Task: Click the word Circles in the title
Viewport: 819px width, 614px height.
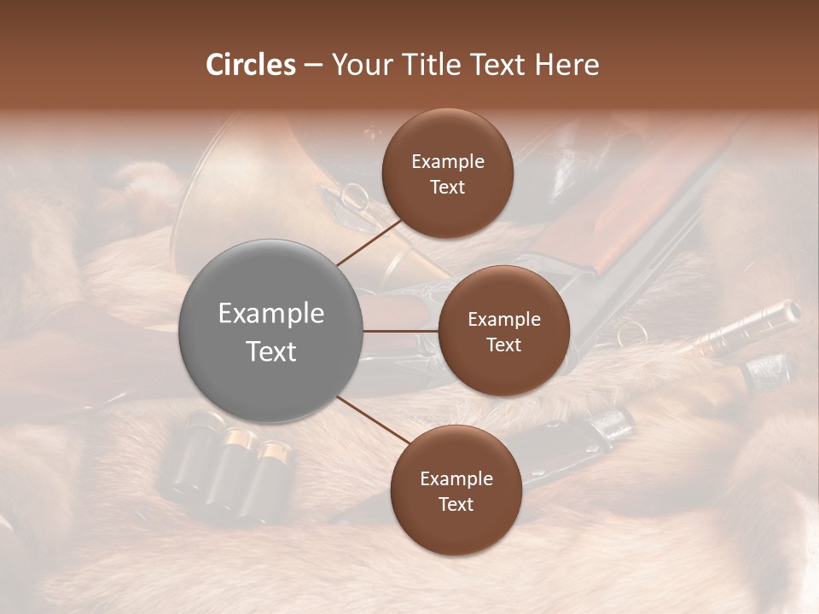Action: (250, 65)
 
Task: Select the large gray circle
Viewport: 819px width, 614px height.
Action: (271, 331)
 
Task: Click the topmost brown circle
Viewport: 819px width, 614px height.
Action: (448, 173)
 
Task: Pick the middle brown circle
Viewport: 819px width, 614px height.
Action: (503, 331)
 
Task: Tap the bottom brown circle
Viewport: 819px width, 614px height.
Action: (456, 490)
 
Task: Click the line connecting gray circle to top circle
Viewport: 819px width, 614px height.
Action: (369, 242)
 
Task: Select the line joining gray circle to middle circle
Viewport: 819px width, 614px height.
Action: (401, 331)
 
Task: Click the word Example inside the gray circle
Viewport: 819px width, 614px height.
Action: (271, 314)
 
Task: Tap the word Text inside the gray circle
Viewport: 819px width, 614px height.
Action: (271, 351)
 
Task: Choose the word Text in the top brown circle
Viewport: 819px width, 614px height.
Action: (448, 187)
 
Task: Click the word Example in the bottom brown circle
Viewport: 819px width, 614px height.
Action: (456, 478)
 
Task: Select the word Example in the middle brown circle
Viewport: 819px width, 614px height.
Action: (503, 320)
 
